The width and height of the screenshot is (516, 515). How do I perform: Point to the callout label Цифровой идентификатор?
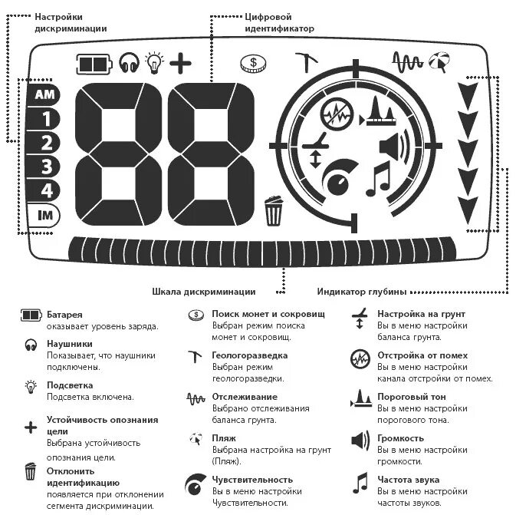(279, 21)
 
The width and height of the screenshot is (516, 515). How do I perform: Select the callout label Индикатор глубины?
(361, 291)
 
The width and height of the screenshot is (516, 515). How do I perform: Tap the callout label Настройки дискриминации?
(70, 21)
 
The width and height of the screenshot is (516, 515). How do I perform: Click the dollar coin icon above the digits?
(252, 63)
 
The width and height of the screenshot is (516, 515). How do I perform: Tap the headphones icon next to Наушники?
(31, 344)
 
